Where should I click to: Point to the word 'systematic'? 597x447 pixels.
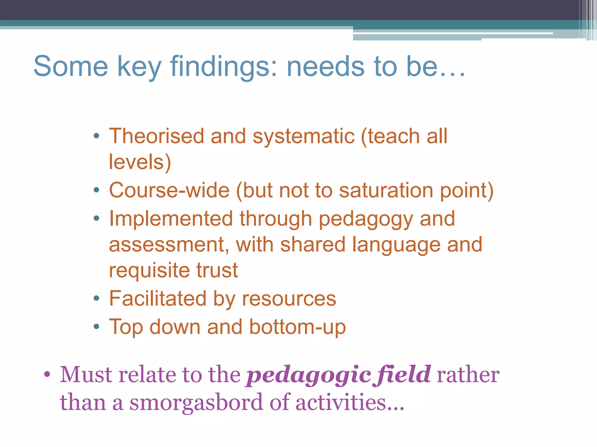[303, 136]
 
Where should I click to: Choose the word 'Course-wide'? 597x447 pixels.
[169, 190]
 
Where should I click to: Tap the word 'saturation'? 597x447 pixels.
[386, 190]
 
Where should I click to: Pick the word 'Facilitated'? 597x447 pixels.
[158, 299]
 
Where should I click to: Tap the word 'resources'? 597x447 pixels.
[289, 299]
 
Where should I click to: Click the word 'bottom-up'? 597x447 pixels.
[297, 327]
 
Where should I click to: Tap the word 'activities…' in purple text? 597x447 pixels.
[350, 402]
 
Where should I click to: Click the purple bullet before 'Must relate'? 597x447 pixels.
[47, 374]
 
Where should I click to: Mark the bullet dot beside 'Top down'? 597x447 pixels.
[96, 327]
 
